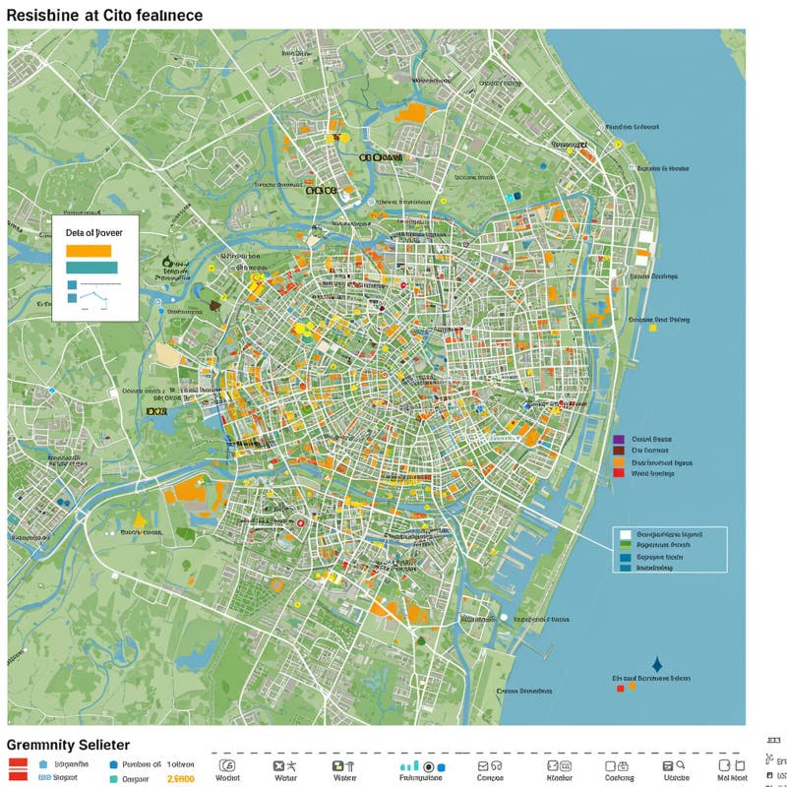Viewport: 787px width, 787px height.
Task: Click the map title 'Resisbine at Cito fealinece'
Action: (x=105, y=15)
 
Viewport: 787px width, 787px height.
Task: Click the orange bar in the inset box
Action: (x=88, y=250)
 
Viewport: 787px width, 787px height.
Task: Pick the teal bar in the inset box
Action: (x=91, y=268)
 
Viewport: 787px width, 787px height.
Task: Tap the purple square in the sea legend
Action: (x=618, y=440)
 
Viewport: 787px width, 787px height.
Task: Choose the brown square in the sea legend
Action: (x=618, y=451)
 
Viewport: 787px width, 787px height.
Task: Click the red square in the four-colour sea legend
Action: (x=618, y=473)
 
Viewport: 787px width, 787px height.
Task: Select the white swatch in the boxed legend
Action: (x=624, y=534)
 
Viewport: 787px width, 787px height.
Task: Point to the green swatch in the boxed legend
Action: (x=624, y=545)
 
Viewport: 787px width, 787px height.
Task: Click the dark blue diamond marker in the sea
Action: (x=657, y=665)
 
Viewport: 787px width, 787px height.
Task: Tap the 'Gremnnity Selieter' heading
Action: (x=68, y=746)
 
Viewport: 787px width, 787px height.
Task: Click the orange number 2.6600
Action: (x=181, y=778)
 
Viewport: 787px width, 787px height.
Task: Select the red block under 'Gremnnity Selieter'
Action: (x=18, y=768)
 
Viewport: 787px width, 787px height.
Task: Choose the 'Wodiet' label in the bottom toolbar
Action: (x=227, y=778)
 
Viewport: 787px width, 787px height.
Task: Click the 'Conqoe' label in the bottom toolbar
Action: (x=490, y=778)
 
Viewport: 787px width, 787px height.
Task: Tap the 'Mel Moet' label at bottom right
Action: (x=732, y=778)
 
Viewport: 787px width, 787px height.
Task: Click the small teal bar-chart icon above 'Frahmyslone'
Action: (x=409, y=765)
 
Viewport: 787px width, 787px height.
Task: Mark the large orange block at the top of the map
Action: (x=411, y=112)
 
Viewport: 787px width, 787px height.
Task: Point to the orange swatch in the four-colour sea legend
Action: (x=618, y=462)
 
